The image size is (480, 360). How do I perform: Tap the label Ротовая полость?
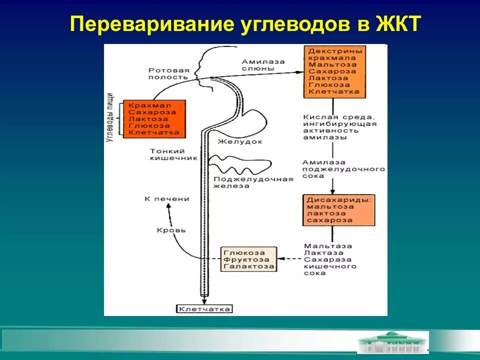168,73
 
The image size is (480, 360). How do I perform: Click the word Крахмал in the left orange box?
149,105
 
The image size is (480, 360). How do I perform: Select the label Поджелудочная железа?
253,182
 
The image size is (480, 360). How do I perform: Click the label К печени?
167,199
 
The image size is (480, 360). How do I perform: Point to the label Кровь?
171,230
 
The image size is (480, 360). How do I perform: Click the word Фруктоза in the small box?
246,259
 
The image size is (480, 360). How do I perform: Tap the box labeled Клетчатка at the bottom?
204,309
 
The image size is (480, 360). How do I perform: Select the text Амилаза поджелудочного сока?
343,169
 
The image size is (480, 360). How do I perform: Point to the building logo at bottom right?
392,342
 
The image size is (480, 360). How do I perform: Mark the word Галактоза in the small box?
249,266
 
